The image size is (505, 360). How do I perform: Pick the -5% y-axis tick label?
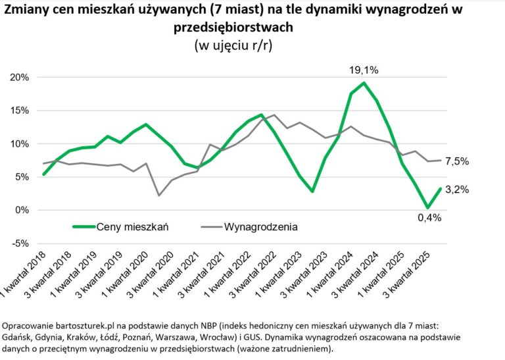click(20, 244)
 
